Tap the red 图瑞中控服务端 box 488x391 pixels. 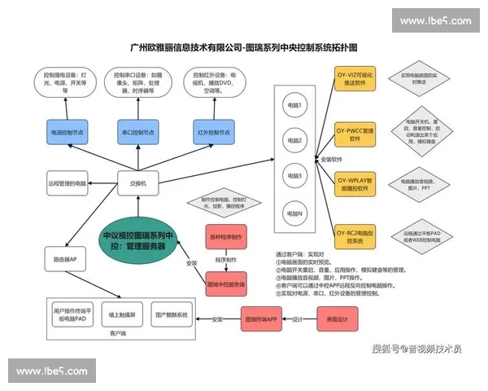[226, 284]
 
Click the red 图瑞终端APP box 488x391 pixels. [263, 319]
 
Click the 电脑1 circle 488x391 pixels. [292, 106]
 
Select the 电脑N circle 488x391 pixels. [292, 213]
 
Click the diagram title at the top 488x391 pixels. [244, 48]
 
